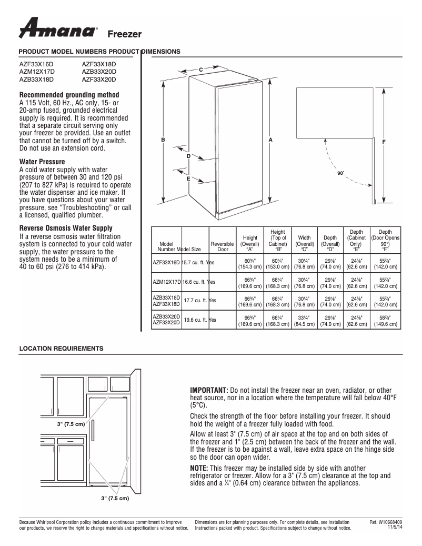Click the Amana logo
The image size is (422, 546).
click(57, 29)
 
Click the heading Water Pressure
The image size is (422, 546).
click(42, 162)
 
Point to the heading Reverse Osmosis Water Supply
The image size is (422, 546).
click(66, 229)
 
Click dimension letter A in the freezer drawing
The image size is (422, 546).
click(270, 141)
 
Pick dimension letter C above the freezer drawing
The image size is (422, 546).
click(200, 70)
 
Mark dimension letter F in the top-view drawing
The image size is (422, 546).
click(384, 142)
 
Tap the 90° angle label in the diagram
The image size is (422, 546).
click(340, 173)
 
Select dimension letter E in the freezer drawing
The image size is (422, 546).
click(188, 180)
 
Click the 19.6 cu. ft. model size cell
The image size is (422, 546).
click(196, 320)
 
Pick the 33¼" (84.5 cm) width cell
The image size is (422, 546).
click(304, 321)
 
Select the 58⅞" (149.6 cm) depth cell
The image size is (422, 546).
click(385, 321)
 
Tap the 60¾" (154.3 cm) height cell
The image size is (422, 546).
click(250, 264)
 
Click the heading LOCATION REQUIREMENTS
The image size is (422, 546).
click(61, 349)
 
